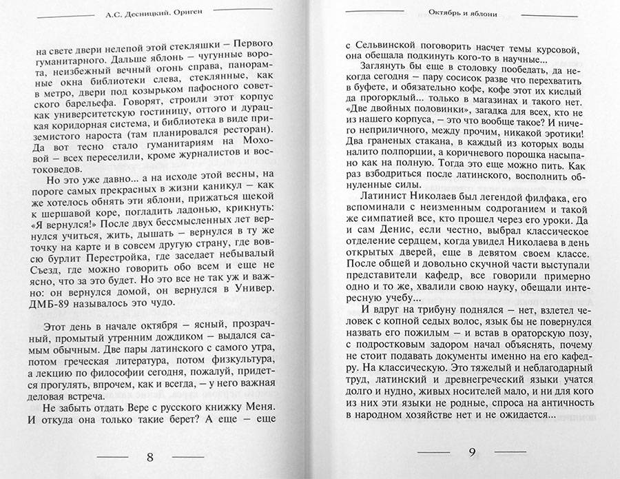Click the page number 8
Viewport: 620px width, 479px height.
coord(151,457)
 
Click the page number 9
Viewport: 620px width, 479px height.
coord(473,453)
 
